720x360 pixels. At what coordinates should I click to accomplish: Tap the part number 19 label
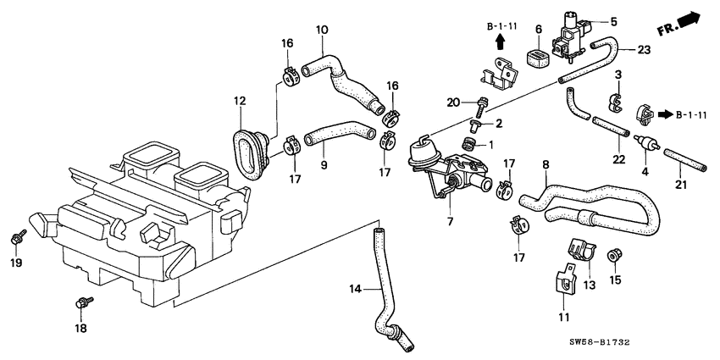pos(14,263)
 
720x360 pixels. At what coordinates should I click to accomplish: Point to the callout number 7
pos(451,221)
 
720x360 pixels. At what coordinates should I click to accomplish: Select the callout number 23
pos(645,50)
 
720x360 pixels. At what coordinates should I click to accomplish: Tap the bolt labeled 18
pos(82,301)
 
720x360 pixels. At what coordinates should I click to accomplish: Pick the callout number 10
pos(322,30)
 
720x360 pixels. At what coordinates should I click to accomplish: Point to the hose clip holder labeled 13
pos(578,252)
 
